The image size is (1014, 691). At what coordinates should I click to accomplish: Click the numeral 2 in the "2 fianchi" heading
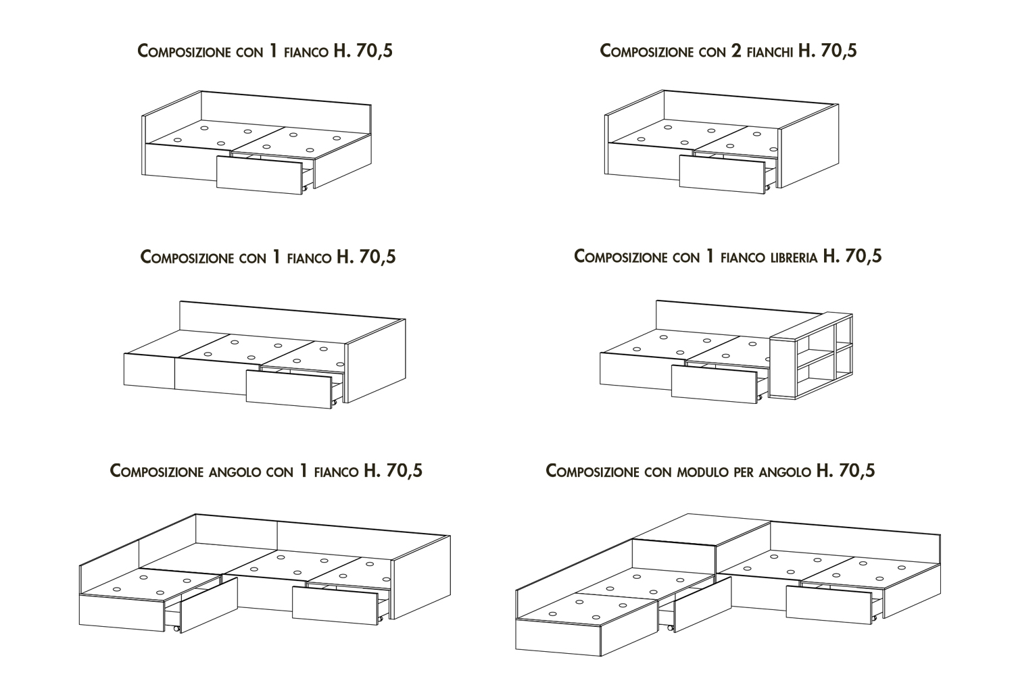coord(737,51)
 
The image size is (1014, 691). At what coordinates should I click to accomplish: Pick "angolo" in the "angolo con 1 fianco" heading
coord(235,473)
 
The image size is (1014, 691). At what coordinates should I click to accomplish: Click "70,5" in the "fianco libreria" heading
coord(863,257)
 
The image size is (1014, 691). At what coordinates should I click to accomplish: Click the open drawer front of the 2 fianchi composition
coord(723,174)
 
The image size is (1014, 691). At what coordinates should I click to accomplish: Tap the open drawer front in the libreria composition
coord(715,384)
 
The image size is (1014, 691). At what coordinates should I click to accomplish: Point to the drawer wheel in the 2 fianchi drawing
coord(768,187)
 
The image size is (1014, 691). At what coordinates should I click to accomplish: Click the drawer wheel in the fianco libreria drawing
coord(760,396)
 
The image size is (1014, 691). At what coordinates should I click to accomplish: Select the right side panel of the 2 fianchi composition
coord(808,146)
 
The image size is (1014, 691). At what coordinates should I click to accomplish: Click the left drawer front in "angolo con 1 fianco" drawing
coord(209,605)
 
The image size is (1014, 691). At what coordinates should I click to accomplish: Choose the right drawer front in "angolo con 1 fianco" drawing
coord(335,605)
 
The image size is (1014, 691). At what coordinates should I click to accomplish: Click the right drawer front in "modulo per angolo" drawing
coord(829,605)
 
